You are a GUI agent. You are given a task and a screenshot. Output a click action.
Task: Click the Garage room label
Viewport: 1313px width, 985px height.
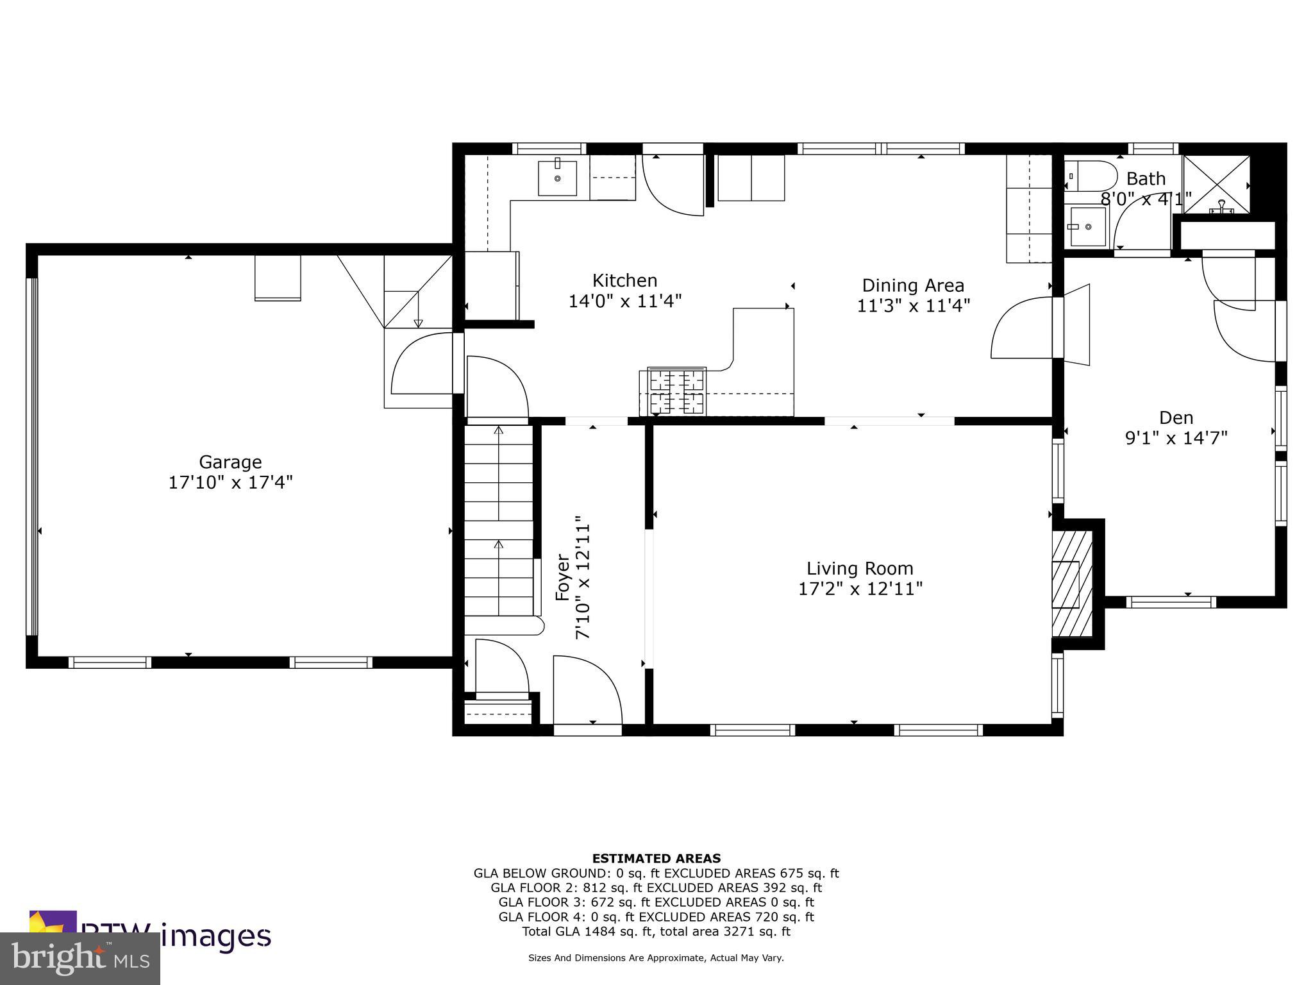pos(230,462)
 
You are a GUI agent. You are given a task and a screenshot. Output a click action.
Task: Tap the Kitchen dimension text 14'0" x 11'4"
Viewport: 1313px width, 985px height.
pos(624,301)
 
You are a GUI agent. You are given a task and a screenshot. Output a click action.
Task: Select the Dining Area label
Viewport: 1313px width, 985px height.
pos(912,285)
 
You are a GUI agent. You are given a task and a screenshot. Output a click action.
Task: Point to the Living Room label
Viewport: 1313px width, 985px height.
pos(859,568)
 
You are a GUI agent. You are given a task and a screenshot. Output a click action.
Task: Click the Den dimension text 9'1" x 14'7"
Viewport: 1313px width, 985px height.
pos(1176,438)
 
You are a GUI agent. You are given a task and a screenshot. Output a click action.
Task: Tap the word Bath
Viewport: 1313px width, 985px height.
pos(1146,178)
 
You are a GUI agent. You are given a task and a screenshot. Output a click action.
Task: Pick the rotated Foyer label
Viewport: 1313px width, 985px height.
pos(562,577)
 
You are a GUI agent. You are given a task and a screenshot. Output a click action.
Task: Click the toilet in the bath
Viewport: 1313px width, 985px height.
pos(1090,176)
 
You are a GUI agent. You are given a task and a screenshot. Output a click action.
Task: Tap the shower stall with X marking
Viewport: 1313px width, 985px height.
pos(1216,184)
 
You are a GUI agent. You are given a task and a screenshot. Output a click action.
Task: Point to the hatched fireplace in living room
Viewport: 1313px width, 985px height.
pos(1072,584)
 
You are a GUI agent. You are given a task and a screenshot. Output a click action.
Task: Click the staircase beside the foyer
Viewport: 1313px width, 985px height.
pos(499,519)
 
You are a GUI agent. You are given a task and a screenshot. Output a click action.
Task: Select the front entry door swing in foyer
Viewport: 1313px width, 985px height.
pos(586,689)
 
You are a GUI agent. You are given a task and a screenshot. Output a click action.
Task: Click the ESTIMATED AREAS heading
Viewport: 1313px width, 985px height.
pos(656,858)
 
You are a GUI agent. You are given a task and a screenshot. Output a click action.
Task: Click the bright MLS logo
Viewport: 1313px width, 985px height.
pos(80,959)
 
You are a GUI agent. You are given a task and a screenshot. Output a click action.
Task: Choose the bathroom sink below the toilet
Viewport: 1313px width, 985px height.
pos(1087,226)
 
